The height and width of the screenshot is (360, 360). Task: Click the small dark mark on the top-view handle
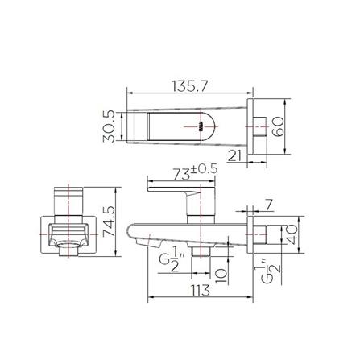[x=197, y=126]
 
